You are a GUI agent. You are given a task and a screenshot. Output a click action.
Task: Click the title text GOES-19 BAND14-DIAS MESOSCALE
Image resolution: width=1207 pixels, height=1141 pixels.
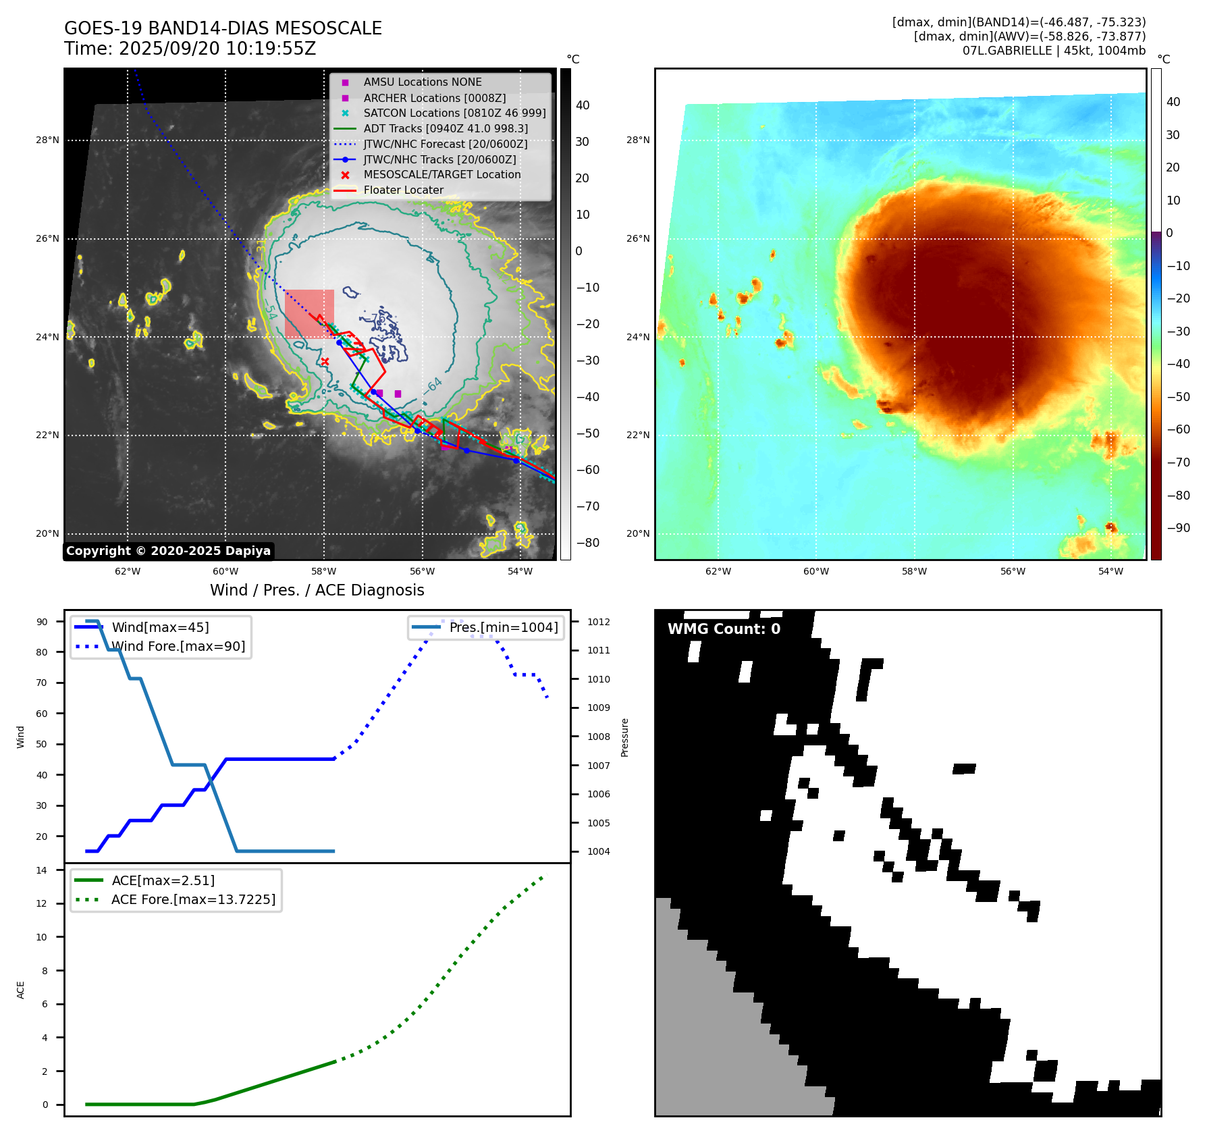(x=223, y=28)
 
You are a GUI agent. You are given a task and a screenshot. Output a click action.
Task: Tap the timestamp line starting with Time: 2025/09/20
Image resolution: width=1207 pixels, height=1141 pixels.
(x=190, y=49)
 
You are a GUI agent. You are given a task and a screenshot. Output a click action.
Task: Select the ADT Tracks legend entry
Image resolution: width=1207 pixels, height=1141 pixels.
(x=446, y=128)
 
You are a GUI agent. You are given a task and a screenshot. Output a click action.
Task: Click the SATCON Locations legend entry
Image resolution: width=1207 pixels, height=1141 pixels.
(x=454, y=113)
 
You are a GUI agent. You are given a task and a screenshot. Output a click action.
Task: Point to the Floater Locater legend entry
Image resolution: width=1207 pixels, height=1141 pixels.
(x=403, y=190)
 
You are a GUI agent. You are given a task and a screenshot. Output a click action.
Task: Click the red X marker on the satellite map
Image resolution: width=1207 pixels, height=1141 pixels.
(x=325, y=362)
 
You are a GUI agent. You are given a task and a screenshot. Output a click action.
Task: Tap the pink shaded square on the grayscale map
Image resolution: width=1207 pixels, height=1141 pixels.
(x=309, y=313)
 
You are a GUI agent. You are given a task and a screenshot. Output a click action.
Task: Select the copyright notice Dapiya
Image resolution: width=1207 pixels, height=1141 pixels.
(x=168, y=551)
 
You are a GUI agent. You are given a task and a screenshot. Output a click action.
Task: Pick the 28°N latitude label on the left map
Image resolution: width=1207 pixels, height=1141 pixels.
(x=47, y=140)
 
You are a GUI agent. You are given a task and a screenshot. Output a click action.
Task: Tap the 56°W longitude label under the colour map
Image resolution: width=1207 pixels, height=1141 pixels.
(x=1013, y=571)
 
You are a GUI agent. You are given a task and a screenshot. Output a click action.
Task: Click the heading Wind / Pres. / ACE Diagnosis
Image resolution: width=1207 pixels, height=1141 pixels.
(x=317, y=590)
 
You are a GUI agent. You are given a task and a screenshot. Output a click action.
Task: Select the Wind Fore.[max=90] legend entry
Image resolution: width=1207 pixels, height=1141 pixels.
(x=178, y=646)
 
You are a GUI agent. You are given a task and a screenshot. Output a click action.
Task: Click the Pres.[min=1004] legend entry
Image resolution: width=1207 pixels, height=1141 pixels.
(x=504, y=627)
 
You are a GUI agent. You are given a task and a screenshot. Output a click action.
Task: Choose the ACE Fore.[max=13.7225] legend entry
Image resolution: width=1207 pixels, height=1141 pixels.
(x=193, y=899)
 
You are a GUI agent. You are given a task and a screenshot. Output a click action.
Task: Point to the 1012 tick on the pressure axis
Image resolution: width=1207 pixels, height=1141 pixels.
(x=598, y=622)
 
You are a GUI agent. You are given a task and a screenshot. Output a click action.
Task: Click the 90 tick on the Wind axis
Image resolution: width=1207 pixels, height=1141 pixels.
(x=42, y=622)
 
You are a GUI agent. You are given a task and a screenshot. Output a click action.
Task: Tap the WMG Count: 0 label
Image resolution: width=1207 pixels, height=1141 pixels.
(x=724, y=629)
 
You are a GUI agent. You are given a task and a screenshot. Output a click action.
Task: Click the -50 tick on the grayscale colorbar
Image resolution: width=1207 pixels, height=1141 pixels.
(x=587, y=433)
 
